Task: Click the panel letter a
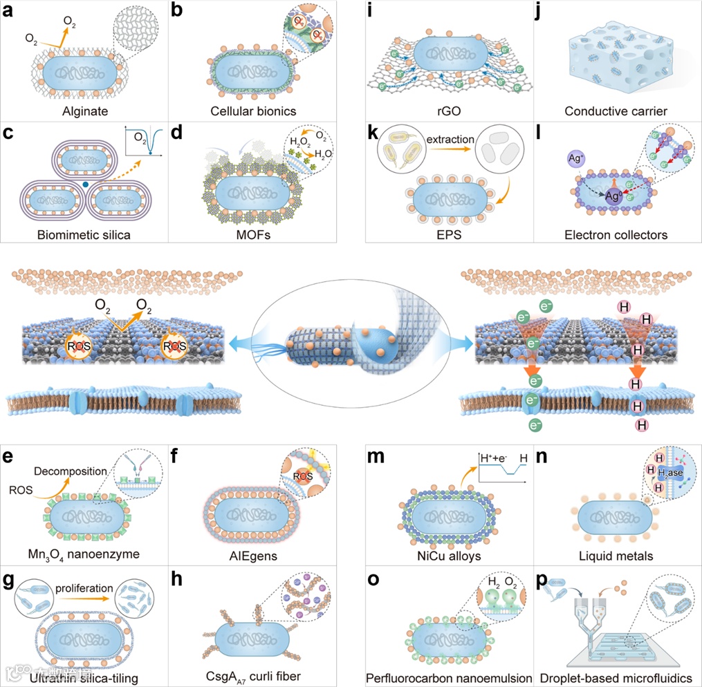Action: pos(9,12)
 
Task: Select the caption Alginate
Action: pos(84,110)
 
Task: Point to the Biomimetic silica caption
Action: pos(84,234)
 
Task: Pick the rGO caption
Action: pos(449,111)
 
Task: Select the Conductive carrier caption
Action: pos(618,111)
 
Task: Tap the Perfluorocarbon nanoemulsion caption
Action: pos(449,677)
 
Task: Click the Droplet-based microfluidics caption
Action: pos(617,677)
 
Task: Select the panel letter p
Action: pos(543,581)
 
